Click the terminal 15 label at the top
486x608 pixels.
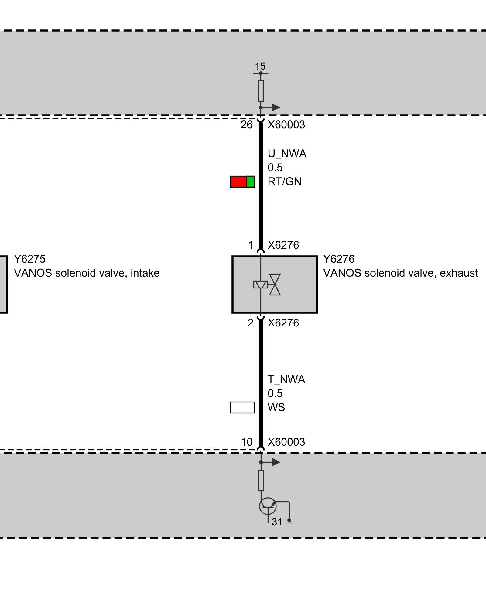pos(260,66)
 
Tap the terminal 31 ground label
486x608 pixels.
pos(277,522)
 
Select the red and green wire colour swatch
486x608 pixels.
pos(242,181)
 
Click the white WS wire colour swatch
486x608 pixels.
pos(242,408)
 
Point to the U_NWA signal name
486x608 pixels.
pos(287,154)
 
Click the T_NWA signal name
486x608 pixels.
pos(286,379)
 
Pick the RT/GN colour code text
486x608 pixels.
pos(284,181)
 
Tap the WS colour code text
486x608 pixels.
pos(276,407)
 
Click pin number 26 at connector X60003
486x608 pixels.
pos(246,125)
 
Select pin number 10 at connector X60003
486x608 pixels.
pos(247,442)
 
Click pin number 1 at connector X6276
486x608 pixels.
pos(251,245)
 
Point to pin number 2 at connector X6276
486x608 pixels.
pos(250,323)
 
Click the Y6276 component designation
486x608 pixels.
pos(339,259)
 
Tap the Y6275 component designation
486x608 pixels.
pos(30,259)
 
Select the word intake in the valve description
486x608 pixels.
pos(145,273)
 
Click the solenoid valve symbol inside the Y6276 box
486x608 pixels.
pos(267,285)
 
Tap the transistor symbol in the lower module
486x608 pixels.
pos(268,506)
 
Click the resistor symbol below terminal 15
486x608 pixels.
pos(261,91)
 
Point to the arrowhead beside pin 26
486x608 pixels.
pos(276,107)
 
